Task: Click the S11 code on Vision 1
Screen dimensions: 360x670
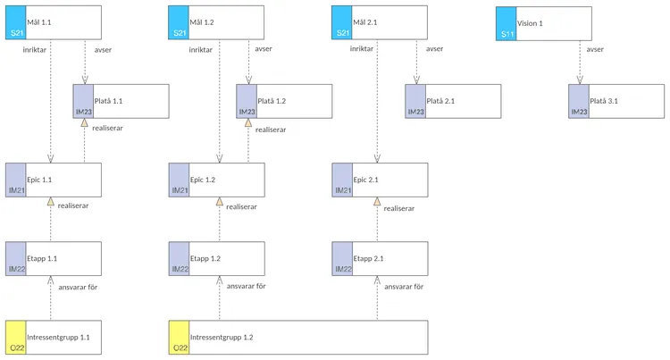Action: (x=507, y=34)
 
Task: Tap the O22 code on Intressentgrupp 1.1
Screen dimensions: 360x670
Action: (x=15, y=347)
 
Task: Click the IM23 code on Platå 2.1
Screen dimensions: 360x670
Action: (x=415, y=112)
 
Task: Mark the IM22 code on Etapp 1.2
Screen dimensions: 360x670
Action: (x=180, y=269)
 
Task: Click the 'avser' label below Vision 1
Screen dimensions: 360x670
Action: (x=596, y=49)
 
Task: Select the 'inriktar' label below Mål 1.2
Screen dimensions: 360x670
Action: (x=201, y=50)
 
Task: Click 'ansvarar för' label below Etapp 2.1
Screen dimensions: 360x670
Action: (x=403, y=287)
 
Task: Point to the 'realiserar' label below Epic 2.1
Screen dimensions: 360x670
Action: (x=398, y=207)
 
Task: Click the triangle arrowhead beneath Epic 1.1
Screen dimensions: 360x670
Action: (x=51, y=204)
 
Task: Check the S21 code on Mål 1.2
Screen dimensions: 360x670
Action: (x=180, y=34)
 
